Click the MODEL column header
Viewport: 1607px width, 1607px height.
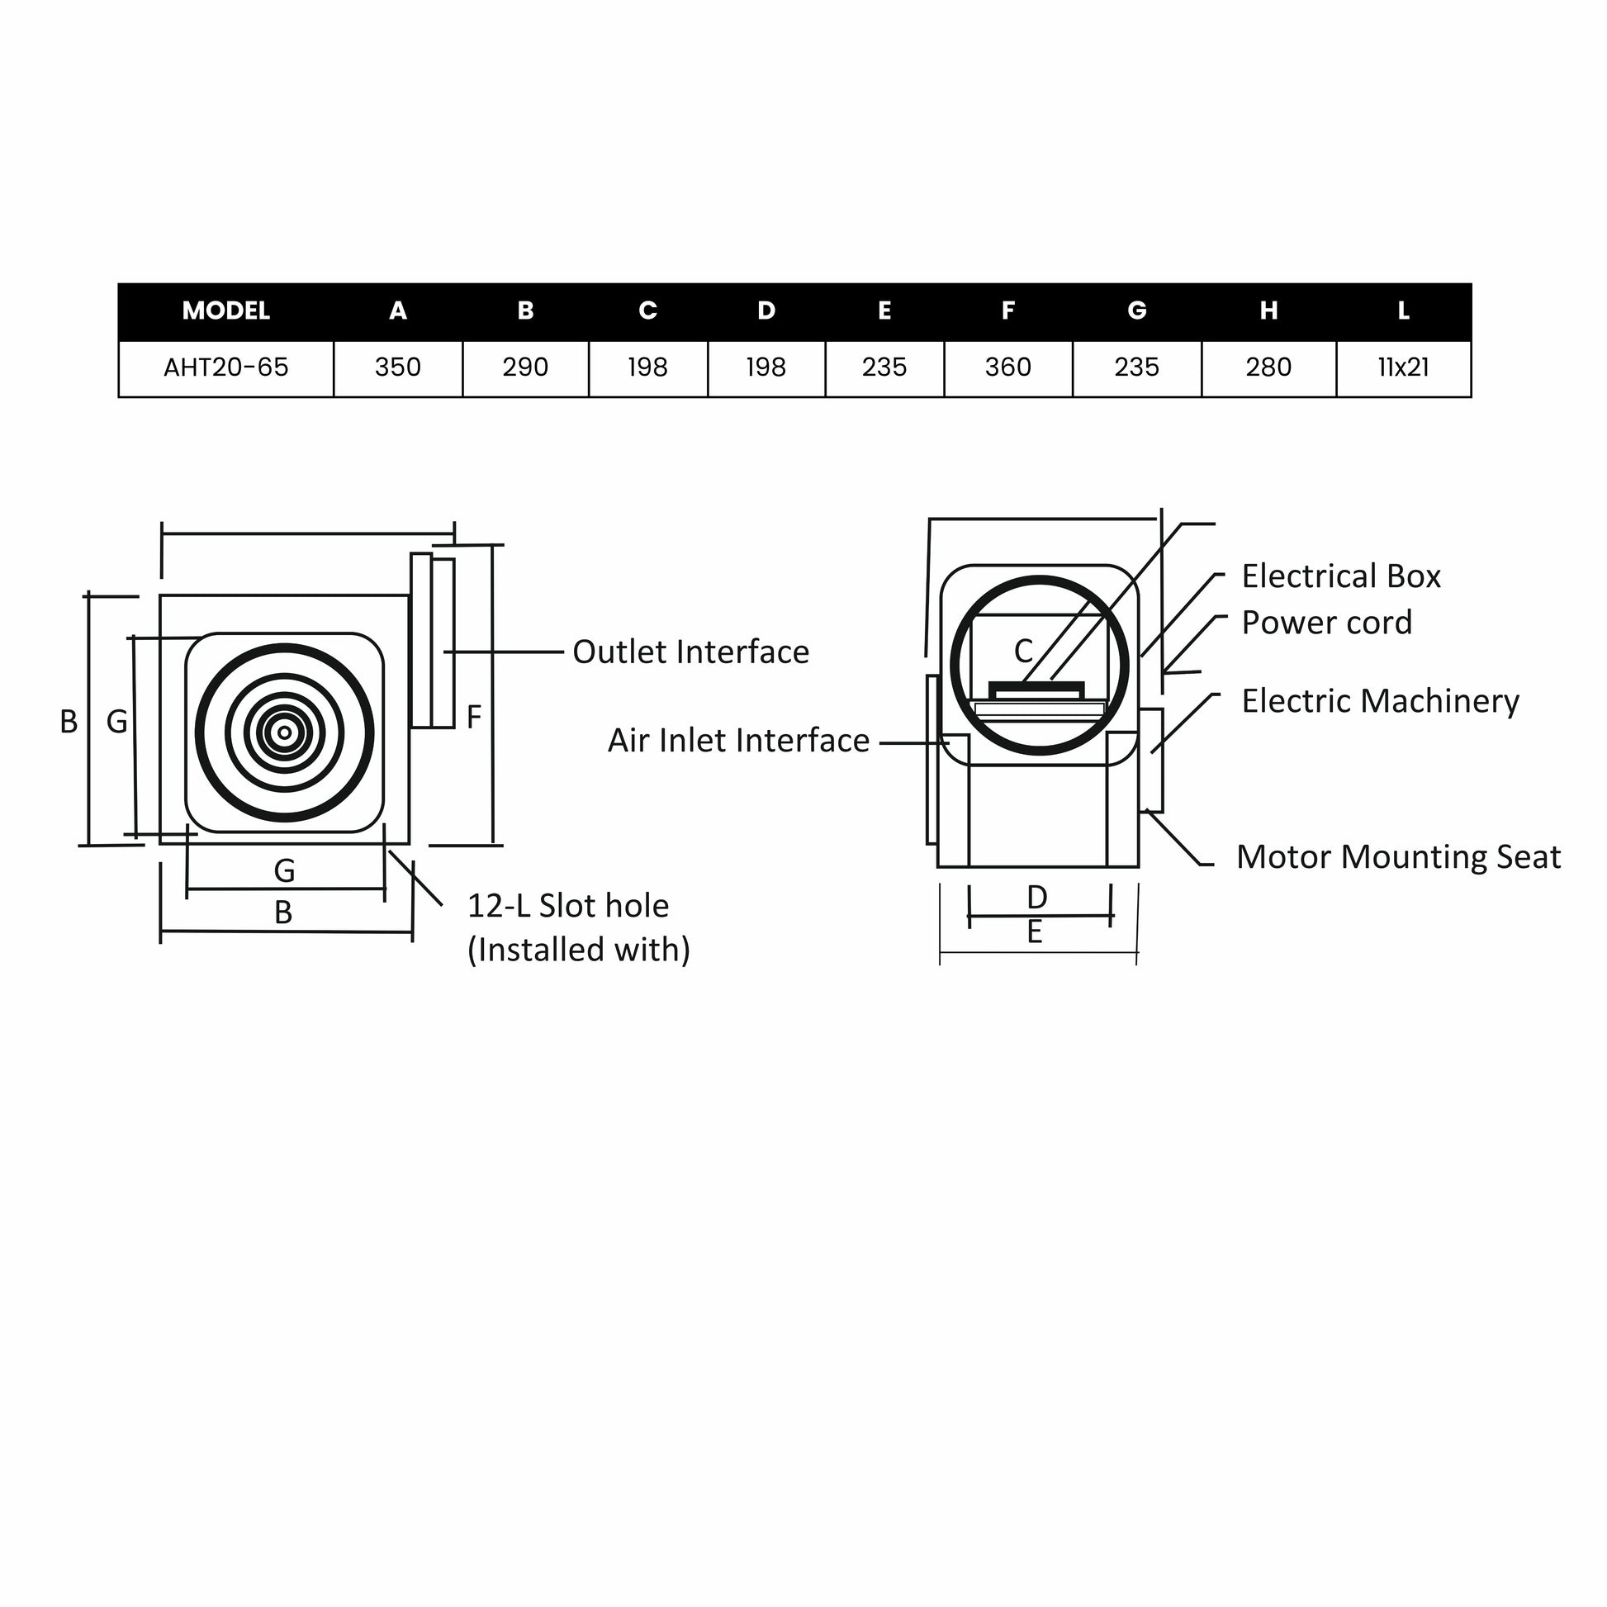pyautogui.click(x=225, y=311)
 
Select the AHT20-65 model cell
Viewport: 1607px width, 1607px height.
pyautogui.click(x=225, y=367)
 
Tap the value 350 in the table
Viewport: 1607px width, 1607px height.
pyautogui.click(x=397, y=367)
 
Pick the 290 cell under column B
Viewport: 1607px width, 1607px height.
pyautogui.click(x=525, y=367)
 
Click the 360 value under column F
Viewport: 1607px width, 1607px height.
pyautogui.click(x=1007, y=367)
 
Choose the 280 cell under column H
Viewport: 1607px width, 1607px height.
pyautogui.click(x=1268, y=367)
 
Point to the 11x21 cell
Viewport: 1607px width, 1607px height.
pyautogui.click(x=1403, y=367)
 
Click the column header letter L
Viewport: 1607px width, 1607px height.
pyautogui.click(x=1403, y=311)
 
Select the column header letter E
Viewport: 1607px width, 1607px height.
pyautogui.click(x=884, y=311)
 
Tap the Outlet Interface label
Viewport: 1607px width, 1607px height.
pyautogui.click(x=690, y=652)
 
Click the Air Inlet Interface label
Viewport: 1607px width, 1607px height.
pyautogui.click(x=738, y=740)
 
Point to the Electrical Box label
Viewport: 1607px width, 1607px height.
pyautogui.click(x=1341, y=576)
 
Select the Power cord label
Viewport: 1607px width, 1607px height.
pyautogui.click(x=1327, y=623)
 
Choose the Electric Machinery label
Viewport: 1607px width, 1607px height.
pyautogui.click(x=1380, y=701)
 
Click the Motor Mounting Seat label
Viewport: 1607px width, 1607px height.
pyautogui.click(x=1398, y=857)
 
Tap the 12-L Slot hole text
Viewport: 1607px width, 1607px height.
pyautogui.click(x=568, y=906)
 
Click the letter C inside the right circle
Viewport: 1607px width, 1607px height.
pyautogui.click(x=1023, y=652)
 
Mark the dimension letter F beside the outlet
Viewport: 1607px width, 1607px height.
pyautogui.click(x=474, y=717)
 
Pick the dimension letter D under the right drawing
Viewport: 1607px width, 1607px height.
pyautogui.click(x=1036, y=898)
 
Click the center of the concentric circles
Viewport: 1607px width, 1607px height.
pyautogui.click(x=284, y=732)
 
